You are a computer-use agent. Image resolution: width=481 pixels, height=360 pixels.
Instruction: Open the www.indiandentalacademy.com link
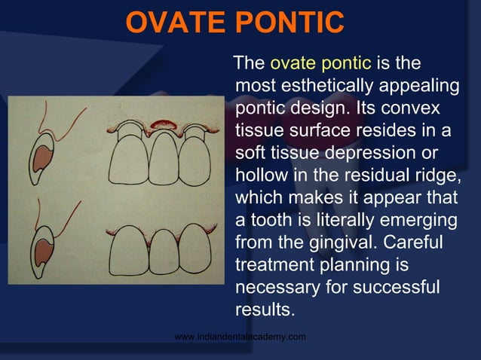pos(240,336)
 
